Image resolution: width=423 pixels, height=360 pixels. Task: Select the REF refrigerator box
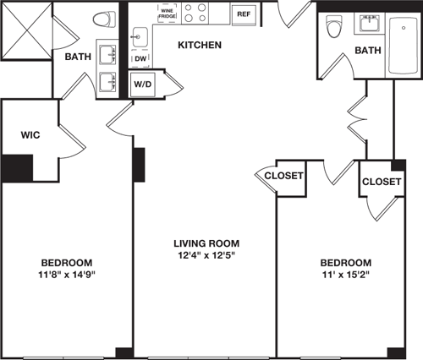[244, 14]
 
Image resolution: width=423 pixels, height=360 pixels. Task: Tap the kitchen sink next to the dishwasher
[140, 37]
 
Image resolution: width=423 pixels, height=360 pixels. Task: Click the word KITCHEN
[201, 44]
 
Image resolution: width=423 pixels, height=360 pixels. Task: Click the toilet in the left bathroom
[105, 19]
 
